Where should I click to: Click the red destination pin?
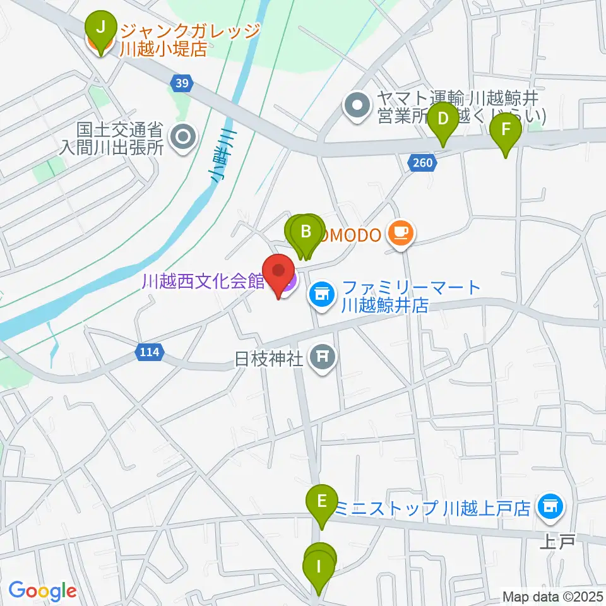click(x=278, y=273)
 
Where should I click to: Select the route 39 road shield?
click(x=181, y=83)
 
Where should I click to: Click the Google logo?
click(x=42, y=591)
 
